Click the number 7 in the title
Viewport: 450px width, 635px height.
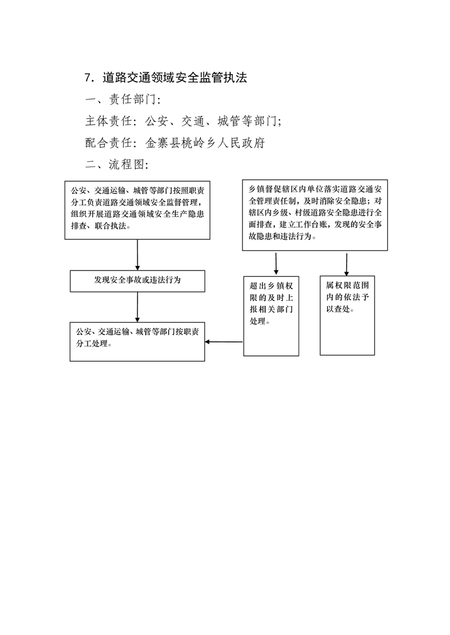point(88,78)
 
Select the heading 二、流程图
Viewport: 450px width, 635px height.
point(117,165)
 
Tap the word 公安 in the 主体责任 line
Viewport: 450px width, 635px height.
point(156,121)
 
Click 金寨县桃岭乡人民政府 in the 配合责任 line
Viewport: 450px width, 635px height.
point(205,143)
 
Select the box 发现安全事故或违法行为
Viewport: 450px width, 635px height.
point(137,281)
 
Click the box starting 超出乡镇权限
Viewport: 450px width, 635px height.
point(271,316)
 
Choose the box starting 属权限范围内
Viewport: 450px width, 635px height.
point(347,315)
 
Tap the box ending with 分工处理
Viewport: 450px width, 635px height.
point(137,342)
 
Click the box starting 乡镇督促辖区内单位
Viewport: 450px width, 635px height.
point(315,215)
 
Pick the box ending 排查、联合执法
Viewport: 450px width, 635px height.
point(137,210)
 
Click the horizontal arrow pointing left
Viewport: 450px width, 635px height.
point(224,342)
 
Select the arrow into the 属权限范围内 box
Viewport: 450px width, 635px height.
point(347,264)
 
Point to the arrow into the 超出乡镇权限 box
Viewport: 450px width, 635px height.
point(276,264)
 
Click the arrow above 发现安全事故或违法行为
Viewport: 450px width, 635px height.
point(137,255)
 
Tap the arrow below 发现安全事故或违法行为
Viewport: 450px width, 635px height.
point(137,307)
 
